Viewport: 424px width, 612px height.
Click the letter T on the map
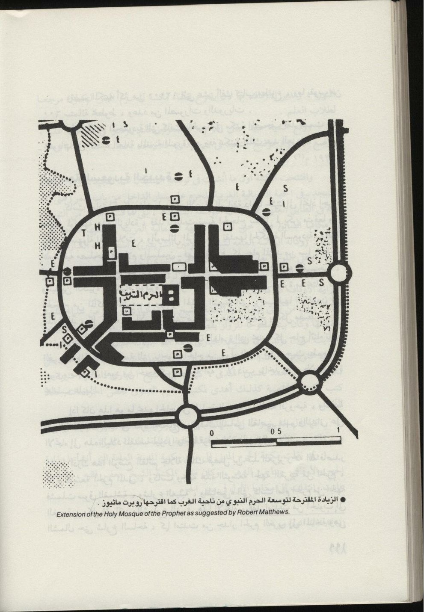point(83,232)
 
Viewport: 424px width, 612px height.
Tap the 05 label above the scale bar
point(276,431)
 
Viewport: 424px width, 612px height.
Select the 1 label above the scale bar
point(338,430)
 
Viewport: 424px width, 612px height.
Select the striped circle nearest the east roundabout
point(300,268)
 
